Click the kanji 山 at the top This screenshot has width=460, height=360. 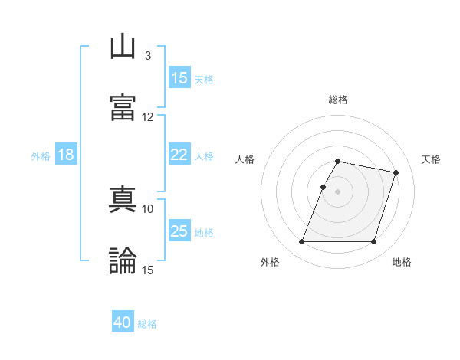pos(123,47)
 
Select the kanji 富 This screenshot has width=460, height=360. pos(123,107)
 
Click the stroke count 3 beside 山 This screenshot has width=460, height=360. pos(147,56)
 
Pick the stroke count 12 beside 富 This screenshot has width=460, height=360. pos(147,116)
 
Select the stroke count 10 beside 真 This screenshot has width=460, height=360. pos(147,208)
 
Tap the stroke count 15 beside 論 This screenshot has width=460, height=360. pos(147,270)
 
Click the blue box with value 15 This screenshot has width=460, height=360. pos(179,78)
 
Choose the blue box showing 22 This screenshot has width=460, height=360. pos(179,155)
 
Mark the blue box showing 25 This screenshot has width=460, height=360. pos(179,231)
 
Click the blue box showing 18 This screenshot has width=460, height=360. pos(66,155)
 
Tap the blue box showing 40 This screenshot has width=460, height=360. pos(123,323)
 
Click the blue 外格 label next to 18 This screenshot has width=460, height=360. pos(41,156)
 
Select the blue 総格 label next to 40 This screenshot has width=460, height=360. pos(147,324)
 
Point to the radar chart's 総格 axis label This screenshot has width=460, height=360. pos(338,100)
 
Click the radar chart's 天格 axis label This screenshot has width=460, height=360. pos(432,159)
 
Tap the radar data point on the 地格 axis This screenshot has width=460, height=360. pos(373,242)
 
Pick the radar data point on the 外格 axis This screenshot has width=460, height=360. pos(302,242)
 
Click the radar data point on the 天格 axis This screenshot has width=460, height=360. pos(396,173)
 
